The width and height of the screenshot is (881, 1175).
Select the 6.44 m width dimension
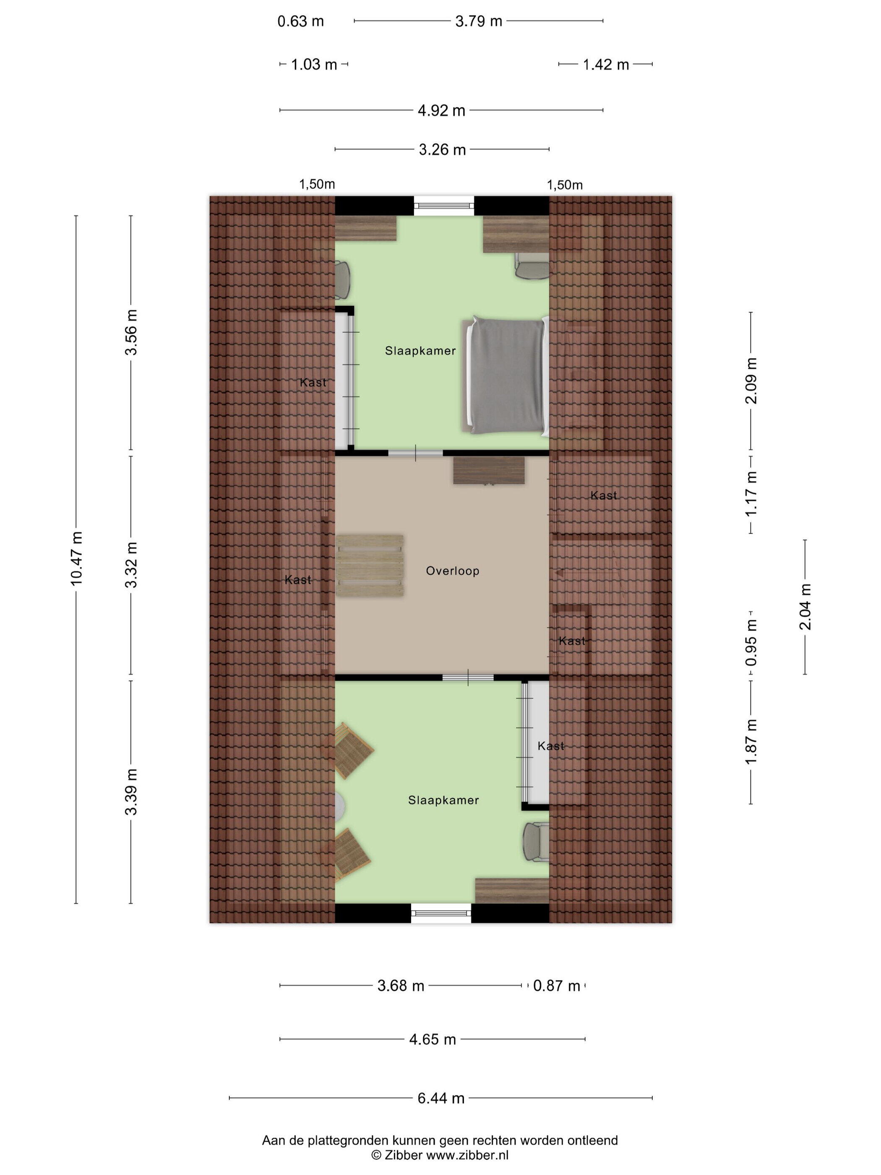pyautogui.click(x=441, y=1097)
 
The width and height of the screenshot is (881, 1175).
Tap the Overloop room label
pyautogui.click(x=452, y=571)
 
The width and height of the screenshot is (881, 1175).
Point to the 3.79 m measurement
pyautogui.click(x=479, y=21)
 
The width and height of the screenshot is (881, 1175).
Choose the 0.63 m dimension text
pyautogui.click(x=300, y=21)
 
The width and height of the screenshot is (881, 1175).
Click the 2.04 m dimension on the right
pyautogui.click(x=805, y=607)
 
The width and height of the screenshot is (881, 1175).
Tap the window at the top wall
pyautogui.click(x=444, y=206)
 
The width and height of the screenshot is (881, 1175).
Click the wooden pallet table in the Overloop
pyautogui.click(x=370, y=565)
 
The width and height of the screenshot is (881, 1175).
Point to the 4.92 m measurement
pyautogui.click(x=441, y=110)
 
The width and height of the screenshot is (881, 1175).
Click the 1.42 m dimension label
pyautogui.click(x=606, y=65)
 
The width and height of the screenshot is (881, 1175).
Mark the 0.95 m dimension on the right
pyautogui.click(x=751, y=643)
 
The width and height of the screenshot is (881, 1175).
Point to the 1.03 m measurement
pyautogui.click(x=314, y=65)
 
